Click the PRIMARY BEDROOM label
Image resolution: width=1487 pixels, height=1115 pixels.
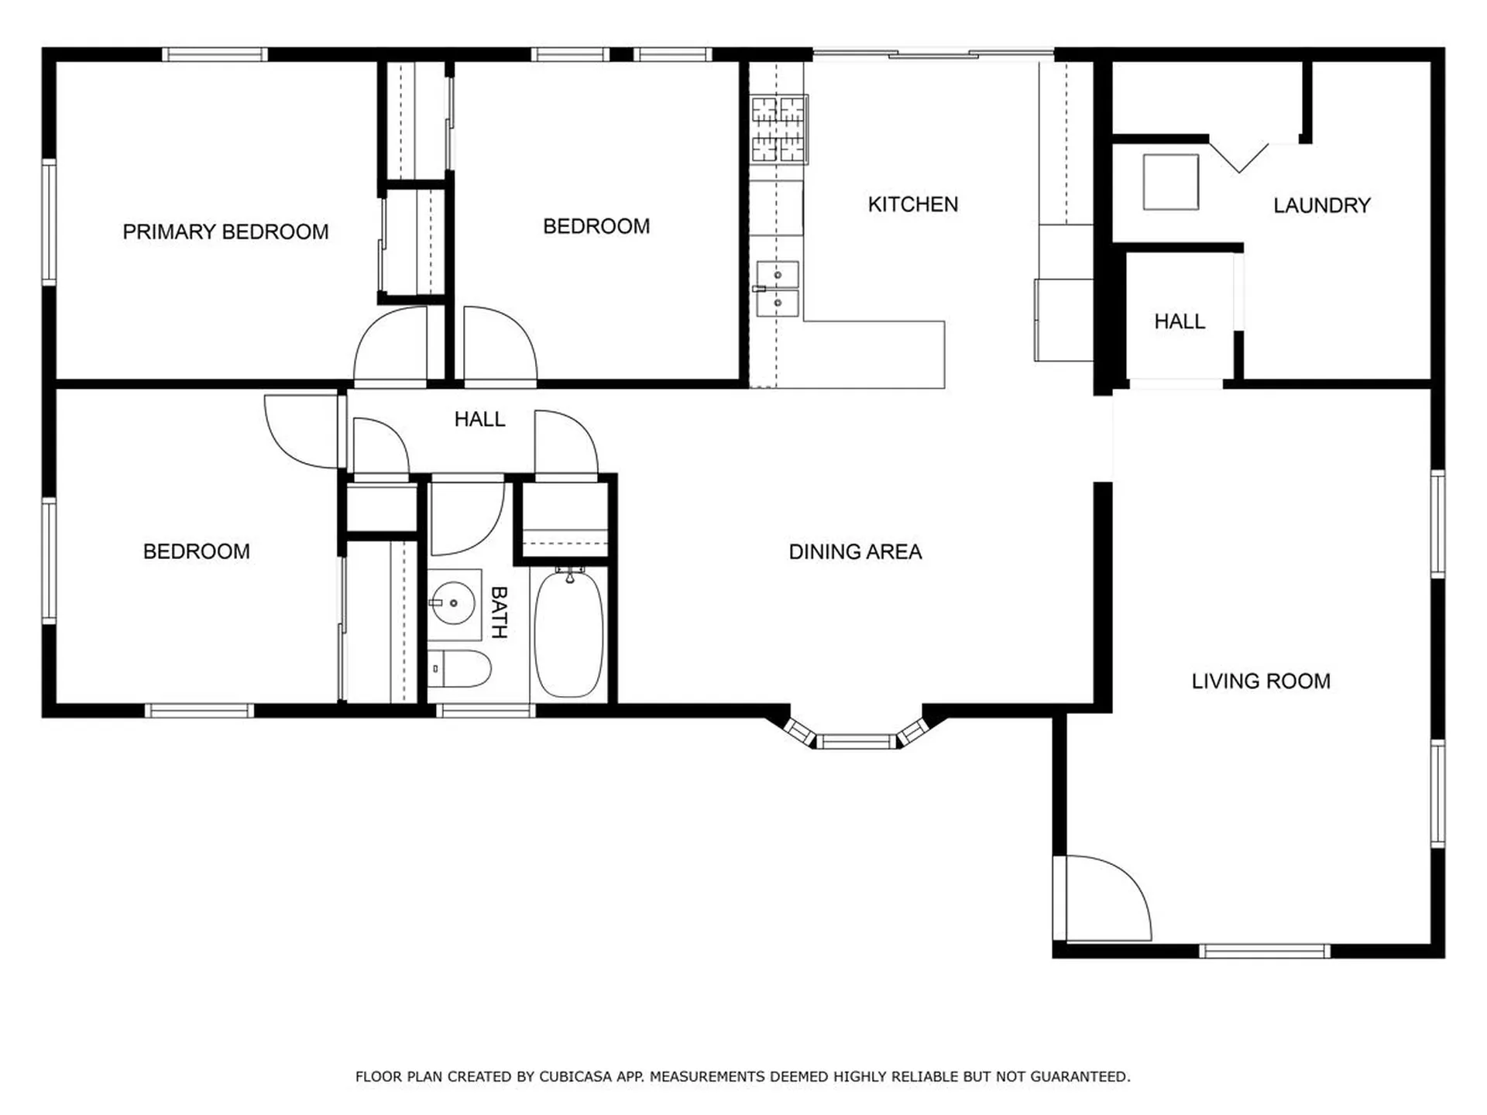pyautogui.click(x=225, y=232)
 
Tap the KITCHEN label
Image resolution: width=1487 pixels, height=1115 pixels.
pyautogui.click(x=912, y=204)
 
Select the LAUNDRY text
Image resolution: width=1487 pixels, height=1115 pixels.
pyautogui.click(x=1321, y=205)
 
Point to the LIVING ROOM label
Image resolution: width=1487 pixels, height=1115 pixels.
pyautogui.click(x=1260, y=681)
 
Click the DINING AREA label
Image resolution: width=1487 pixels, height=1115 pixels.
pyautogui.click(x=855, y=552)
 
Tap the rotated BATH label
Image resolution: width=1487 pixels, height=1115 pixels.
pyautogui.click(x=499, y=612)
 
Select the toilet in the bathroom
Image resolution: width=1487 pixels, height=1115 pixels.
pyautogui.click(x=460, y=669)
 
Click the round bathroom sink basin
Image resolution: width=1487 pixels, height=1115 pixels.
pyautogui.click(x=452, y=603)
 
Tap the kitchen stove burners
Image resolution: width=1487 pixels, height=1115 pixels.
pyautogui.click(x=778, y=129)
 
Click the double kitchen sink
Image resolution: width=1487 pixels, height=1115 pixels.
pyautogui.click(x=778, y=289)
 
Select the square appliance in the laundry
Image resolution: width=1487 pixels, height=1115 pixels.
pyautogui.click(x=1170, y=182)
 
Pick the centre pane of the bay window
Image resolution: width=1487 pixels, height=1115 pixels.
pyautogui.click(x=856, y=743)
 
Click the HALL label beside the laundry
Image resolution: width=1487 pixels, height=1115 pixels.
pyautogui.click(x=1179, y=321)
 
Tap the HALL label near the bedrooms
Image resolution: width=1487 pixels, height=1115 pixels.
pyautogui.click(x=479, y=419)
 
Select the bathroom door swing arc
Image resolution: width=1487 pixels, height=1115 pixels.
pyautogui.click(x=465, y=517)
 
